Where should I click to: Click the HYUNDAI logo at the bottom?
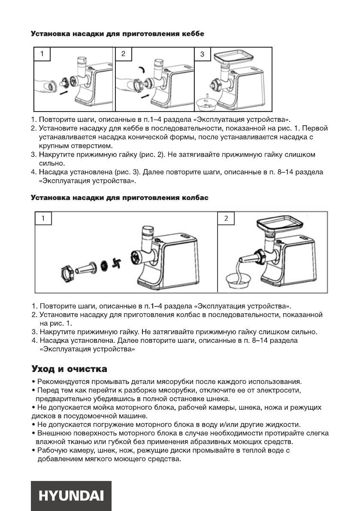click(71, 496)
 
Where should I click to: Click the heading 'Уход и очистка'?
click(69, 369)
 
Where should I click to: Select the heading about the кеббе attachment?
click(117, 33)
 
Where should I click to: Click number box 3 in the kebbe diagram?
click(203, 54)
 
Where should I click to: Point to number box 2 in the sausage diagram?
click(226, 218)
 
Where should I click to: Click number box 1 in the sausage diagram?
click(43, 218)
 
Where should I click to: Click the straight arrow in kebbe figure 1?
click(64, 92)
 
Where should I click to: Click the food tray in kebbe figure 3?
click(231, 56)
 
